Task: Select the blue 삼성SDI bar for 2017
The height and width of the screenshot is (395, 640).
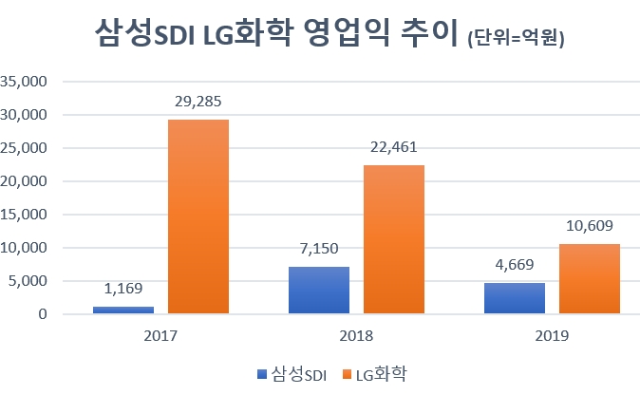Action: tap(122, 310)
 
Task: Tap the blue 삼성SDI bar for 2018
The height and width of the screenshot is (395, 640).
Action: tap(318, 291)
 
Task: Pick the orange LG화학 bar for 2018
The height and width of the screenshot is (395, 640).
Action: tap(393, 239)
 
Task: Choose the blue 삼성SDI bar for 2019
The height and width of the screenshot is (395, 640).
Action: tap(514, 298)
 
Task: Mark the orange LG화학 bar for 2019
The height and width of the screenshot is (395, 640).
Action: tap(589, 279)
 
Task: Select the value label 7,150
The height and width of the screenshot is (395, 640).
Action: tap(318, 246)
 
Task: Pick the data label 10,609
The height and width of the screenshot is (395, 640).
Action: tap(589, 225)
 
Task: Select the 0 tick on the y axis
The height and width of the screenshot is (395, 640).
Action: tap(42, 314)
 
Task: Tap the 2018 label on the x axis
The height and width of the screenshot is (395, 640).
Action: tap(355, 336)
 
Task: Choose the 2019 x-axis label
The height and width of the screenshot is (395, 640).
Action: tap(551, 336)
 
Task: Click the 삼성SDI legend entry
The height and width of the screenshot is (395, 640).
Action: tap(292, 373)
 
